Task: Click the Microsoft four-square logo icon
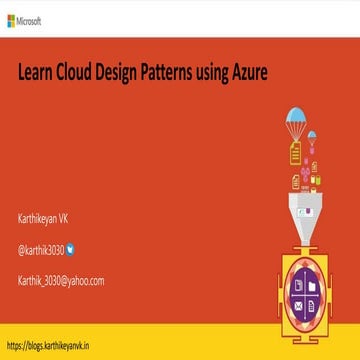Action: (x=10, y=19)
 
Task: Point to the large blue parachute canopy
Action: (x=296, y=117)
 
